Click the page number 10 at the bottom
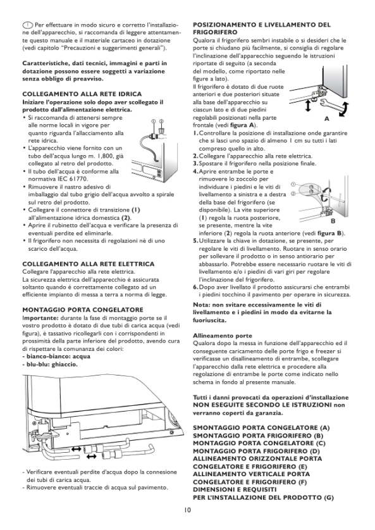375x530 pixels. (187, 510)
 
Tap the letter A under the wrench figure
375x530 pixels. (326, 118)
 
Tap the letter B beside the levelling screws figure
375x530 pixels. (333, 221)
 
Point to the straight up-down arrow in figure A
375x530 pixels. (308, 106)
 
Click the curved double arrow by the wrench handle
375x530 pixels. (344, 109)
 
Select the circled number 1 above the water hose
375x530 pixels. (154, 121)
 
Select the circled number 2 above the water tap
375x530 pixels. (161, 121)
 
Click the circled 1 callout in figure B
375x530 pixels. (293, 184)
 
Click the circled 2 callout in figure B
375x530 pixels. (293, 193)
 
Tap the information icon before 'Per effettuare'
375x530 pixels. (28, 25)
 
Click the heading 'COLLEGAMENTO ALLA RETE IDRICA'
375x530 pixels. (82, 94)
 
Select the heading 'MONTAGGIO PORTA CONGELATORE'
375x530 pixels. (83, 310)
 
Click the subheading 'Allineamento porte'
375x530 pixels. (223, 336)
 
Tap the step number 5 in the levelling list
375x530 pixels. (195, 241)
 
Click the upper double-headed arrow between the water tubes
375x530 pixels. (76, 449)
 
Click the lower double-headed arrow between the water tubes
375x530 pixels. (91, 457)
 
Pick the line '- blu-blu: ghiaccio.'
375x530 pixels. (50, 364)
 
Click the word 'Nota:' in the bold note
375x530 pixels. (201, 305)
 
